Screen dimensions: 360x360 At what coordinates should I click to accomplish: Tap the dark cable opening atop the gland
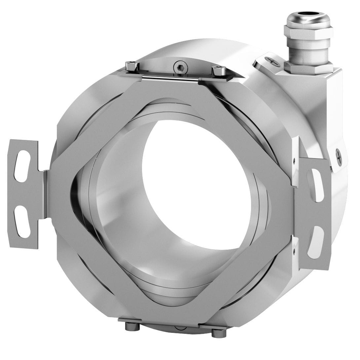tap(308, 14)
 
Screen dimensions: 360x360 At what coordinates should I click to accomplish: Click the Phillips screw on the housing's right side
tap(339, 157)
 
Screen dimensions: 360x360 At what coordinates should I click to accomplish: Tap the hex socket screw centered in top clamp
tap(181, 68)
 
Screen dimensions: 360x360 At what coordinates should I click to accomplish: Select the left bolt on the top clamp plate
tap(132, 66)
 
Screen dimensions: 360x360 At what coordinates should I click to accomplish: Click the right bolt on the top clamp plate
tap(219, 71)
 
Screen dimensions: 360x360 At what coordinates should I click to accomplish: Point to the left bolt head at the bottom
tap(132, 326)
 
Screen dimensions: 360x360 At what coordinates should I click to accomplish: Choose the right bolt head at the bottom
tap(219, 333)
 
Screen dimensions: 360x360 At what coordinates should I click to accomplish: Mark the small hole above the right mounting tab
tap(294, 161)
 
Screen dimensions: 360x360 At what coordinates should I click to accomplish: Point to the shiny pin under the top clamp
tap(170, 78)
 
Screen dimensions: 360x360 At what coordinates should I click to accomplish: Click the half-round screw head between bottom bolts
tap(180, 328)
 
